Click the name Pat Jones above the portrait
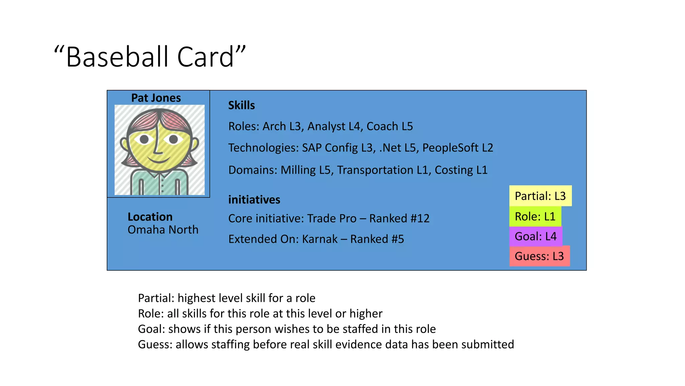coord(156,98)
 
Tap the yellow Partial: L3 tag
coord(540,196)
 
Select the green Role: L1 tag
coord(535,216)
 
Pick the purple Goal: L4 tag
coord(535,237)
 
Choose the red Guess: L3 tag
coord(539,256)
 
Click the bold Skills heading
coord(241,106)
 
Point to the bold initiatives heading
coord(254,200)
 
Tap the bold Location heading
coord(150,217)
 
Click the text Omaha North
coord(163,230)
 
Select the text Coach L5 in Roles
coord(390,126)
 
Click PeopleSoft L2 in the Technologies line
coord(458,148)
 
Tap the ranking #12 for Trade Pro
coord(420,218)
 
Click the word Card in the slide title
coord(205,57)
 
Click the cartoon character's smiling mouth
coord(160,159)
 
